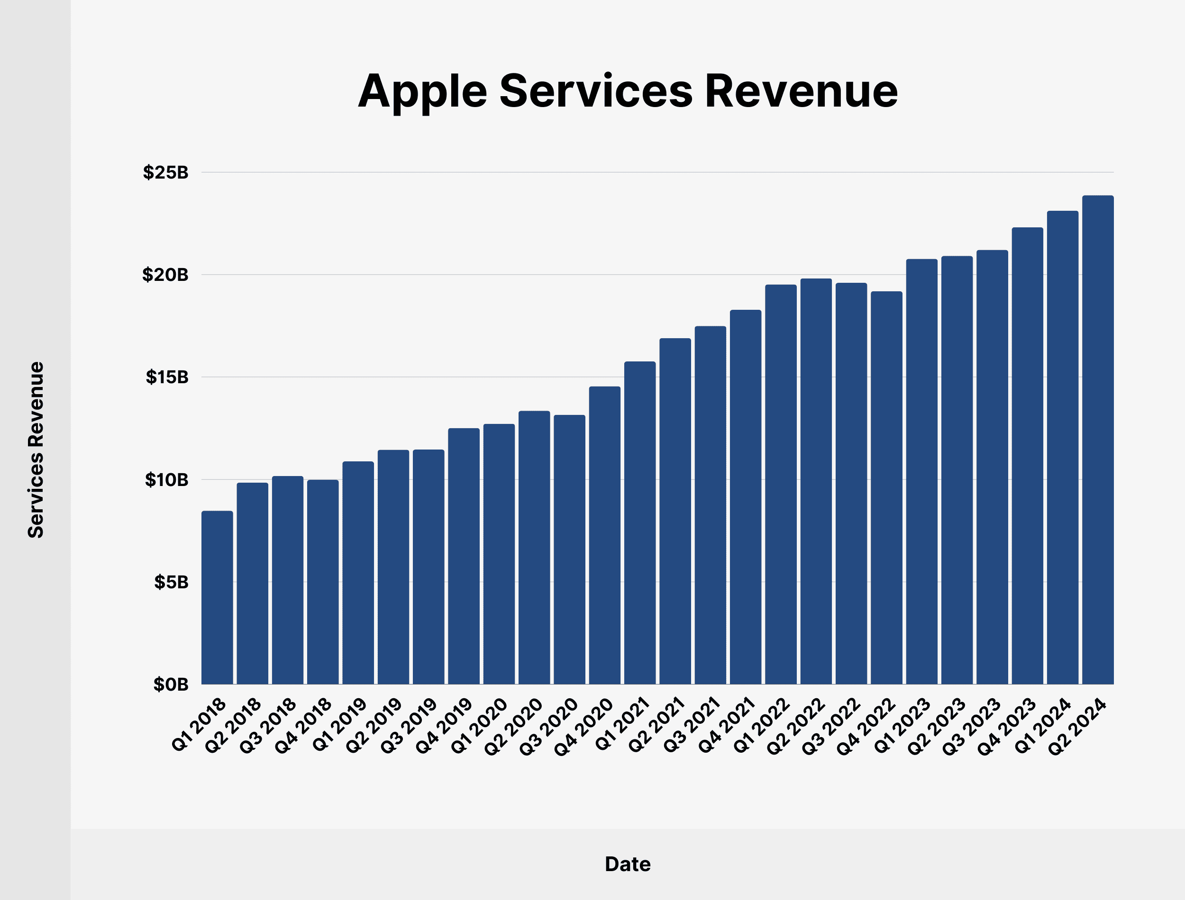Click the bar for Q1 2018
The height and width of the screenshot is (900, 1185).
point(217,597)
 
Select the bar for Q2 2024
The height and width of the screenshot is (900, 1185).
point(1098,439)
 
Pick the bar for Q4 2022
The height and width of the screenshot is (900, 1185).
point(886,487)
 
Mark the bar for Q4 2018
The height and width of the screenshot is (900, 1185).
point(323,582)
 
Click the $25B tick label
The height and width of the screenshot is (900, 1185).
point(165,172)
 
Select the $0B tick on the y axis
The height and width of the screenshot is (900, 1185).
point(171,684)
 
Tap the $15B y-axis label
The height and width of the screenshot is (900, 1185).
point(167,377)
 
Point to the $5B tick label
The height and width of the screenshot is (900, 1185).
point(171,582)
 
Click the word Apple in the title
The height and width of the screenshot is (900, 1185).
point(422,92)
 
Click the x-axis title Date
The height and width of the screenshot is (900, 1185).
point(628,864)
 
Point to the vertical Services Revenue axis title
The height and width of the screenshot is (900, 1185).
point(36,450)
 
